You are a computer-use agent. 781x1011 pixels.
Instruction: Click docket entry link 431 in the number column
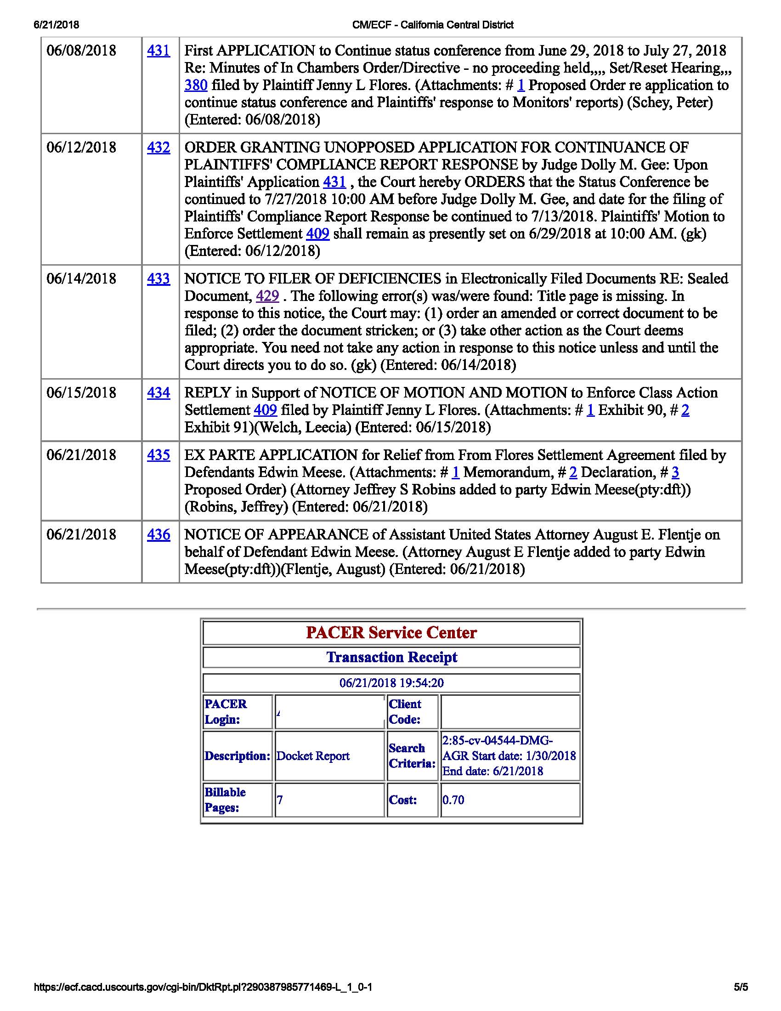click(158, 51)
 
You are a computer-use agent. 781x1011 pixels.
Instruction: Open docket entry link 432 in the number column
click(158, 148)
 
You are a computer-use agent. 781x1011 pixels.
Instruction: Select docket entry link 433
click(158, 278)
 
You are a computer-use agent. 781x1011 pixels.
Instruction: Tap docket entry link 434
click(158, 393)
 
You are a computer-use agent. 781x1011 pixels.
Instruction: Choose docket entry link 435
click(158, 455)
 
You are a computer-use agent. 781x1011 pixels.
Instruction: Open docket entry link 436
click(158, 534)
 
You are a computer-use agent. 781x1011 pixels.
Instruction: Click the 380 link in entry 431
click(196, 85)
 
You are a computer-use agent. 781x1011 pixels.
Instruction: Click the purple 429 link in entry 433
click(267, 296)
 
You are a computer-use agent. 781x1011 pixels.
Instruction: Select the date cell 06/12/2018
click(81, 148)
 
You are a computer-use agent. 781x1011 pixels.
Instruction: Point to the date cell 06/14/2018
click(81, 278)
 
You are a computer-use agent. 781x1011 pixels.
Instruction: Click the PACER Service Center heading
click(391, 633)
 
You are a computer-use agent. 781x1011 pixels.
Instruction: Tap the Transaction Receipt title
click(391, 657)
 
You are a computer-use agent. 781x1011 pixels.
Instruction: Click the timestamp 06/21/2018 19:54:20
click(391, 683)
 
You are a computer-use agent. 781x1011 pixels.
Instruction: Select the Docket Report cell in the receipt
click(313, 756)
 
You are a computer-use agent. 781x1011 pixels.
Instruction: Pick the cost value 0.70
click(453, 800)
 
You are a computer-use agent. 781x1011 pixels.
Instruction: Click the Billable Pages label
click(225, 800)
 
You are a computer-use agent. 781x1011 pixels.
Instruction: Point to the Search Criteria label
click(412, 756)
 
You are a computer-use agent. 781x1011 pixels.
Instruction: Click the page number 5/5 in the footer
click(740, 987)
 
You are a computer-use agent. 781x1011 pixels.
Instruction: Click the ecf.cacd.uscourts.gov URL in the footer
click(203, 987)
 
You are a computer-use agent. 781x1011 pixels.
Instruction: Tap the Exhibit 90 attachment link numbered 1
click(590, 410)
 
